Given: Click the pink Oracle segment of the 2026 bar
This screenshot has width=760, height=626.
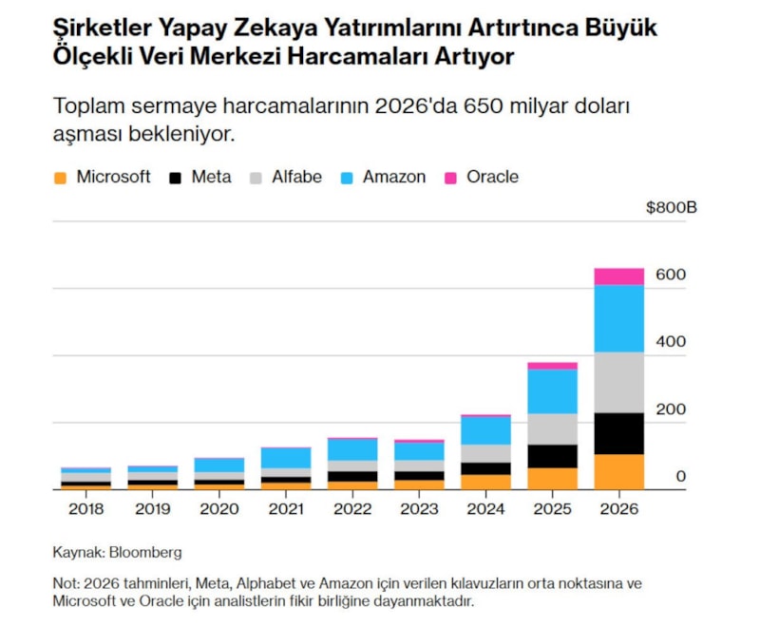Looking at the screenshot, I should click(618, 276).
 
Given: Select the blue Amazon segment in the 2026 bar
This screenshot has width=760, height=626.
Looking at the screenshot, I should click(618, 319).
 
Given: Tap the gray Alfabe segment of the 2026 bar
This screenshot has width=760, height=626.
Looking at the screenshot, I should click(618, 382).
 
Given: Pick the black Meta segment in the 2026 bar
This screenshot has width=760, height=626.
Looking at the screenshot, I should click(618, 433).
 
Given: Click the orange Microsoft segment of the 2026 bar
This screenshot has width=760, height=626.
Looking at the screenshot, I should click(618, 471).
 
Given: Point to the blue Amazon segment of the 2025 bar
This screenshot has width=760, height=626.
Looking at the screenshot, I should click(552, 390).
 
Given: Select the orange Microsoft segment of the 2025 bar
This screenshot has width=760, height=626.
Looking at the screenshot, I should click(552, 478).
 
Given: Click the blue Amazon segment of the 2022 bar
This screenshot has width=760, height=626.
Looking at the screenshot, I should click(352, 449).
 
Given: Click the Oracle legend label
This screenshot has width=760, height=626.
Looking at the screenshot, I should click(492, 177).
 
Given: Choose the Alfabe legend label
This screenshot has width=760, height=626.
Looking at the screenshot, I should click(296, 177).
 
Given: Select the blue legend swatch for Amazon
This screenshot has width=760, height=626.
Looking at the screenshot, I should click(347, 178).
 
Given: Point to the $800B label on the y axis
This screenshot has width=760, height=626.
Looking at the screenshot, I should click(671, 208).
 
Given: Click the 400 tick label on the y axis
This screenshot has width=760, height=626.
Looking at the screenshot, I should click(671, 341).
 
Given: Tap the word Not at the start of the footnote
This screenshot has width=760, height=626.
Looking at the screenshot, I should click(65, 582).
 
